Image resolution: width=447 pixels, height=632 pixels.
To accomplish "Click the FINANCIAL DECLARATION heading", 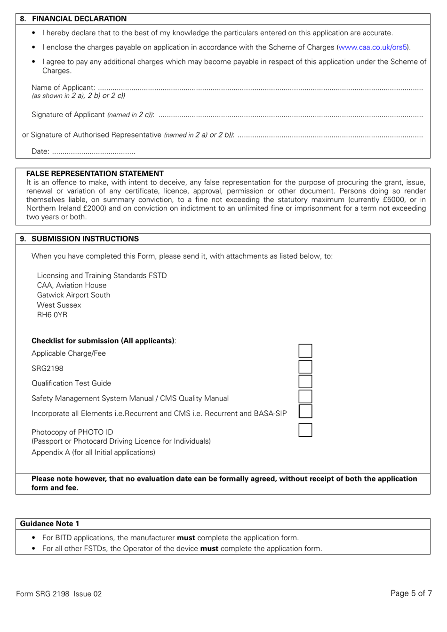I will point(79,19).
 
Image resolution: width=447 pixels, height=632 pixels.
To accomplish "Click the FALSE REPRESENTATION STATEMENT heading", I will point(95,173).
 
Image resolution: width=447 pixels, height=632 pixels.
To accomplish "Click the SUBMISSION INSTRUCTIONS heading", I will point(85,239).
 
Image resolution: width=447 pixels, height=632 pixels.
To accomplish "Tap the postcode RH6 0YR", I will point(52,315).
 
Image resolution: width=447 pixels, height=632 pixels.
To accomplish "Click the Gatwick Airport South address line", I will point(73,295).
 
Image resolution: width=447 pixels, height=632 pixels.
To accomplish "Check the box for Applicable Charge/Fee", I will point(305,351).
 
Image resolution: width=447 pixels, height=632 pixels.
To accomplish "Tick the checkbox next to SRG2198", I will point(305,367).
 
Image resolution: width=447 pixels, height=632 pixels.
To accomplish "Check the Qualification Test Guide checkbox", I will point(305,382).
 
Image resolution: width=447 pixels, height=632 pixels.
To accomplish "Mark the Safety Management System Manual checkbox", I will point(305,397).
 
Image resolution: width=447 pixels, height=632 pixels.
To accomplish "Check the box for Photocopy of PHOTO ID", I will point(305,430).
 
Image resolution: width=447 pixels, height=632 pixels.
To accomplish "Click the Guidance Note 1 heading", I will point(49,524).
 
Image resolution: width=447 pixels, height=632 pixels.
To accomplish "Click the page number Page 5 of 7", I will point(411,593).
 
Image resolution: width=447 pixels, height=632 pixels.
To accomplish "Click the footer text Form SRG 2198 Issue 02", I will point(59,593).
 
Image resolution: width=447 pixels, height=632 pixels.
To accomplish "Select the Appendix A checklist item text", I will point(93,452).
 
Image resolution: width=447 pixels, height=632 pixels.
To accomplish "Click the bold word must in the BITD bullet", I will point(186,537).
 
